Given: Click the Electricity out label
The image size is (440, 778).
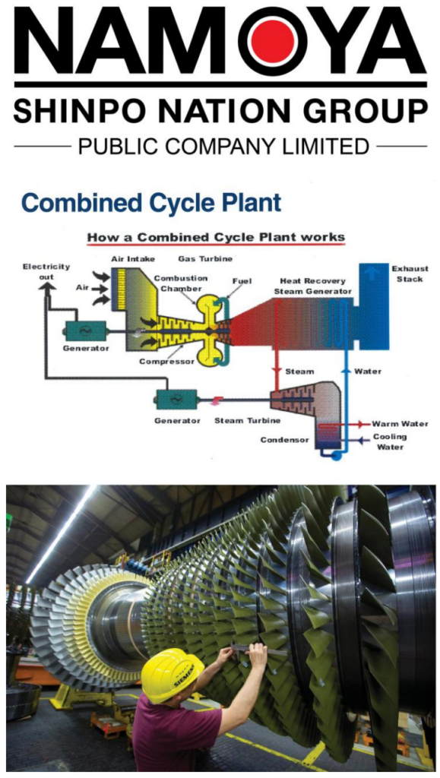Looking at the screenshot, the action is tap(46, 271).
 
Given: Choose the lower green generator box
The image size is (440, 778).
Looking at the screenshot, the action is tap(176, 399).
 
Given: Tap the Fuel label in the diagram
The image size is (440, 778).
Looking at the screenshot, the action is tap(242, 281).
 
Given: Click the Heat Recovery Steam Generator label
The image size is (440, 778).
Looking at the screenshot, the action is tap(313, 286).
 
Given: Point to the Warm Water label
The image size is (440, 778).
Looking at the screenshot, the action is tap(400, 424).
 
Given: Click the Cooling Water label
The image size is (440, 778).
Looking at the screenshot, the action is tap(390, 441).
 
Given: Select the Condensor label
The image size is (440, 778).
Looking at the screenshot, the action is tap(284, 440).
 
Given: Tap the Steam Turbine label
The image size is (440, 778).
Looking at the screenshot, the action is tap(247, 421).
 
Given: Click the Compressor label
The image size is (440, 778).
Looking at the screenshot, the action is tap(166, 361).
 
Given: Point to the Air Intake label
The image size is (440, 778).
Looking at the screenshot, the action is tap(133, 259).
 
